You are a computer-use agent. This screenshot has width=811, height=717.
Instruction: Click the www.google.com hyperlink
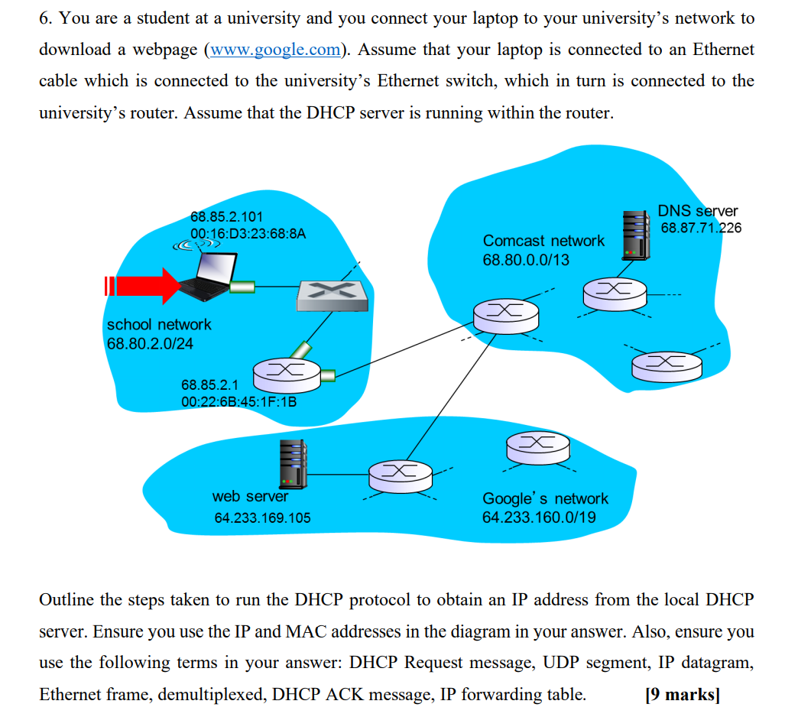click(x=275, y=50)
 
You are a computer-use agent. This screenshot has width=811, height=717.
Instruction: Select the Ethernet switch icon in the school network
click(x=332, y=295)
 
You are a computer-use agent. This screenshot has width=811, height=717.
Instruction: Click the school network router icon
click(x=287, y=375)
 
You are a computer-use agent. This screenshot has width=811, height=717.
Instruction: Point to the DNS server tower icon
click(x=636, y=235)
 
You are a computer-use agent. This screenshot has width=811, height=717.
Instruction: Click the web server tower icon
click(x=293, y=464)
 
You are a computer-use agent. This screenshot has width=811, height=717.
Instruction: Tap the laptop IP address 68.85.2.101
click(x=226, y=216)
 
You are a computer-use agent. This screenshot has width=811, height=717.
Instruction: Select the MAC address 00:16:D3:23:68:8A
click(x=248, y=234)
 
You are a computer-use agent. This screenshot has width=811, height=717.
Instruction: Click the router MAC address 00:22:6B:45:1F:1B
click(x=239, y=402)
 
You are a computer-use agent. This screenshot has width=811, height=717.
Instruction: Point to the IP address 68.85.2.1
click(x=209, y=385)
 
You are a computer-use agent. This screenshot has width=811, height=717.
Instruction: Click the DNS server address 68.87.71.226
click(x=701, y=228)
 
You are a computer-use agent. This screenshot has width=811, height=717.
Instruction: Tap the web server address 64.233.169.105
click(x=262, y=517)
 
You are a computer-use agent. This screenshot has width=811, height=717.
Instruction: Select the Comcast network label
click(x=543, y=241)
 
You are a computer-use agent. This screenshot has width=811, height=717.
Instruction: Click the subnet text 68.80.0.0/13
click(x=525, y=260)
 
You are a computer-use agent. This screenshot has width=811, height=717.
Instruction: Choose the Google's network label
click(x=545, y=498)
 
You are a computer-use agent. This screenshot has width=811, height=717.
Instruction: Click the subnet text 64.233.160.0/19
click(x=539, y=517)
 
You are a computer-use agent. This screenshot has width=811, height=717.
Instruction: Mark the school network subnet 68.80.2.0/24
click(x=150, y=343)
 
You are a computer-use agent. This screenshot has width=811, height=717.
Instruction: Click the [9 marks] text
click(x=683, y=694)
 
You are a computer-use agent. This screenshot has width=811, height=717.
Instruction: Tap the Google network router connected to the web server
click(x=401, y=476)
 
